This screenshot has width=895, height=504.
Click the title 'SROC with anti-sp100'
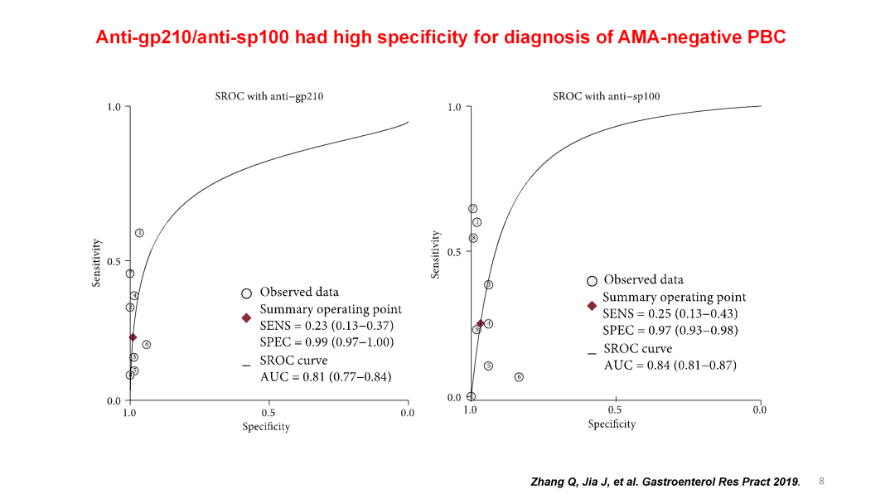[x=607, y=96]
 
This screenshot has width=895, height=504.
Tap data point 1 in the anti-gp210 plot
[x=139, y=233]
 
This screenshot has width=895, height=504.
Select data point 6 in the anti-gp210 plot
[x=146, y=344]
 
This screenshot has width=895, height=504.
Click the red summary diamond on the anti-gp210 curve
[x=133, y=337]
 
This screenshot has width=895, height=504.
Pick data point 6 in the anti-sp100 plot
[x=519, y=377]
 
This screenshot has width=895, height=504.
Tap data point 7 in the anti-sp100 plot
[x=472, y=209]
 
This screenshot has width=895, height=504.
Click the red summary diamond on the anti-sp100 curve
[x=480, y=323]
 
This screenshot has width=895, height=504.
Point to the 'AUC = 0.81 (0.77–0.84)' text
[x=326, y=376]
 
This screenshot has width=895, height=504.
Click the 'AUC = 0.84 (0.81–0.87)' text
[x=670, y=365]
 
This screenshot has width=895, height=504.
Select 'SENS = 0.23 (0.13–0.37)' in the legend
[x=327, y=326]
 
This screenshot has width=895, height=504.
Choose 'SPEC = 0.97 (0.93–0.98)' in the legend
[x=670, y=330]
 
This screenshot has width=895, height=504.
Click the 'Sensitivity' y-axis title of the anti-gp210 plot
[x=96, y=263]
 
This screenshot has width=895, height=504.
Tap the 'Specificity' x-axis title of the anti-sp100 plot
[x=612, y=424]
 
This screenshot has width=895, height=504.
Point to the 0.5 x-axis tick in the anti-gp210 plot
[x=268, y=413]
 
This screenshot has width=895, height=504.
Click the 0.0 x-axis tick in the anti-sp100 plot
[x=759, y=409]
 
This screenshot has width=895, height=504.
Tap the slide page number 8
[x=821, y=480]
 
